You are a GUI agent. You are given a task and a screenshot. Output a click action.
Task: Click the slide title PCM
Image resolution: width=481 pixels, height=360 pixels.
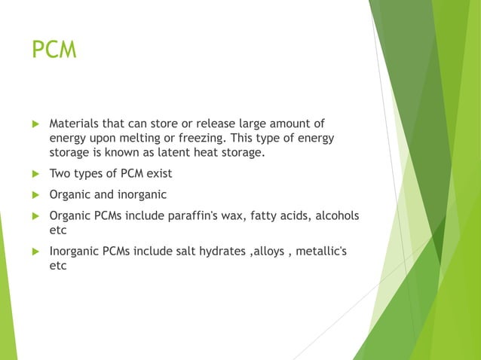click(54, 50)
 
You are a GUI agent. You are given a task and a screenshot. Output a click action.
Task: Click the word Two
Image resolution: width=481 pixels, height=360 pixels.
click(60, 174)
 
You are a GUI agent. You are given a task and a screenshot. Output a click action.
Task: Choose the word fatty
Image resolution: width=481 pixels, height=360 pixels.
click(272, 216)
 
